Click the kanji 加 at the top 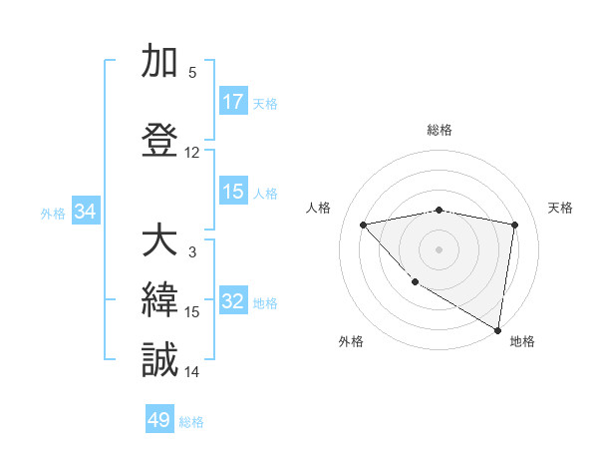pos(159,62)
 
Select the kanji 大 pos(159,241)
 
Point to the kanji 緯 pos(159,300)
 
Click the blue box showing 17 pos(233,102)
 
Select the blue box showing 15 pos(233,192)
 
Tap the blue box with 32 pos(233,302)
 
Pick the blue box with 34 pos(85,212)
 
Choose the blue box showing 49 pos(159,420)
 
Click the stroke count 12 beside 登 pos(192,153)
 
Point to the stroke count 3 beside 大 pos(192,252)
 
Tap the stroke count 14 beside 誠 pos(192,372)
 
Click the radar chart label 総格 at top pos(439,130)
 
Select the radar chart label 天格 pos(560,208)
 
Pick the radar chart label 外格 pos(351,341)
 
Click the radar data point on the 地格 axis pos(497,329)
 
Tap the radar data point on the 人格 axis pos(364,225)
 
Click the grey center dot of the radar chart pos(439,248)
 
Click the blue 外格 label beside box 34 pos(53,213)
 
